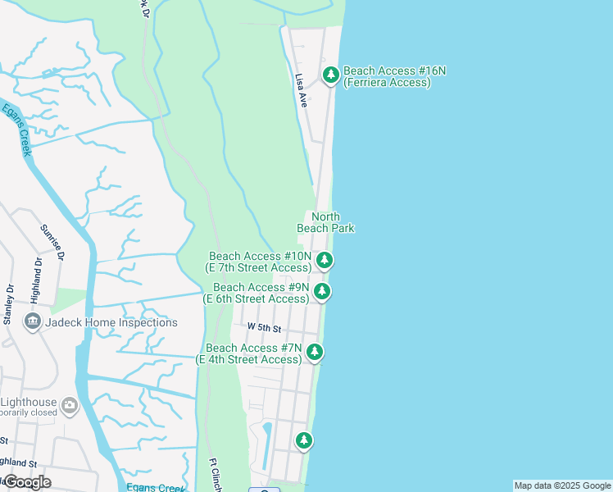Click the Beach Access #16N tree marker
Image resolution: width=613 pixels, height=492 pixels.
pos(331,75)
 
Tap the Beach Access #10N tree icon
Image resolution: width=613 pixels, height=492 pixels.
pos(325,261)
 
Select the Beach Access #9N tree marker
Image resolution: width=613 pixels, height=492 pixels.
pos(322,292)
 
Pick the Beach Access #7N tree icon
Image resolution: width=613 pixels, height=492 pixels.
pos(315,353)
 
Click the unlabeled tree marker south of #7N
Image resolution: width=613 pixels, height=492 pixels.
pos(304,440)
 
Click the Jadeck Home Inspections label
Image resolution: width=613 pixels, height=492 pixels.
pos(112,322)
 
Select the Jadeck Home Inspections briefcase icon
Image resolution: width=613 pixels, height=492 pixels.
pos(34,321)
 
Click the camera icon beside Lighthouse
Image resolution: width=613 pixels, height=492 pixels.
pos(70,403)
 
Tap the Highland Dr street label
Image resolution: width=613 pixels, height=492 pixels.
pos(37,277)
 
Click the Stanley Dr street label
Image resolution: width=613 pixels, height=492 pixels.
pos(10,304)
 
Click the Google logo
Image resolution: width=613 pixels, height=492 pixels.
pos(26,482)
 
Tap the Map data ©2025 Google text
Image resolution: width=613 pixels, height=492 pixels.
pos(562,485)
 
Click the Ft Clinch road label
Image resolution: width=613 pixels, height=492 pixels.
pos(216,474)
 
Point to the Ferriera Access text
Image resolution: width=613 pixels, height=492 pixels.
pos(388,82)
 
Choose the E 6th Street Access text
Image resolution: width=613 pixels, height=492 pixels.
pos(257,298)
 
